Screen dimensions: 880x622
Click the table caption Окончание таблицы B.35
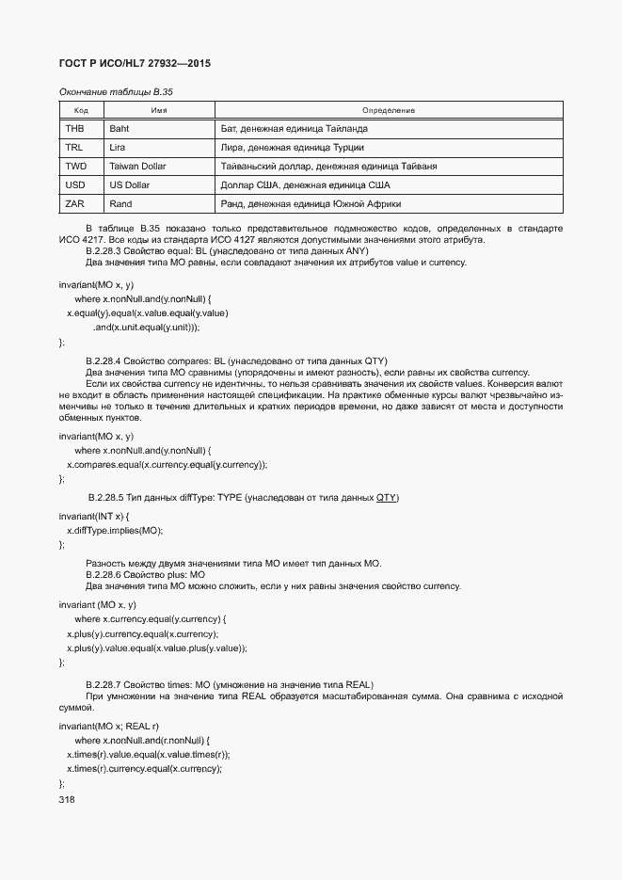tap(116, 92)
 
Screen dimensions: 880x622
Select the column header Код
tap(81, 110)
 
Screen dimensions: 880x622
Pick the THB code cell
tap(74, 128)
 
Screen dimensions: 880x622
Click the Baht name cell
tap(120, 128)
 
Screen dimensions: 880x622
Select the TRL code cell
tap(74, 148)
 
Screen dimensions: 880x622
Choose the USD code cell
tap(75, 185)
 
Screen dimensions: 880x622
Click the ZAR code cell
tap(74, 204)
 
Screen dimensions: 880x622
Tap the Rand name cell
tap(120, 204)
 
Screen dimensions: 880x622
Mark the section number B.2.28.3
tap(104, 251)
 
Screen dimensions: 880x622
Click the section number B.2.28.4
tap(104, 361)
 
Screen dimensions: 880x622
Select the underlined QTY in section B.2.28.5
tap(387, 496)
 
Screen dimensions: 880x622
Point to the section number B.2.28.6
tap(104, 574)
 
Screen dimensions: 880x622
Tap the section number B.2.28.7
tap(104, 683)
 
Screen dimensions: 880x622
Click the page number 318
tap(67, 799)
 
